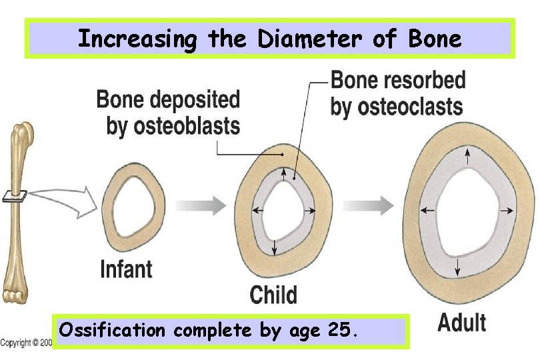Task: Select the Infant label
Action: [x=126, y=269]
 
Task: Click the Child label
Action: [x=273, y=294]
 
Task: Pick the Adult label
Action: [x=461, y=322]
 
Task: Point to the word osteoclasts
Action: [x=397, y=106]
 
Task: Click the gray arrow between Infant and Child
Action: [x=204, y=206]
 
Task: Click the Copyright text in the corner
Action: [x=25, y=343]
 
